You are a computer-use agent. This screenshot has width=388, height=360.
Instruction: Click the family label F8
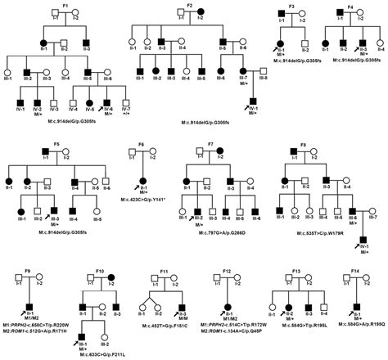pyautogui.click(x=304, y=144)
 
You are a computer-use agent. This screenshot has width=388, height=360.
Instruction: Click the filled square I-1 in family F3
pyautogui.click(x=281, y=16)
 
